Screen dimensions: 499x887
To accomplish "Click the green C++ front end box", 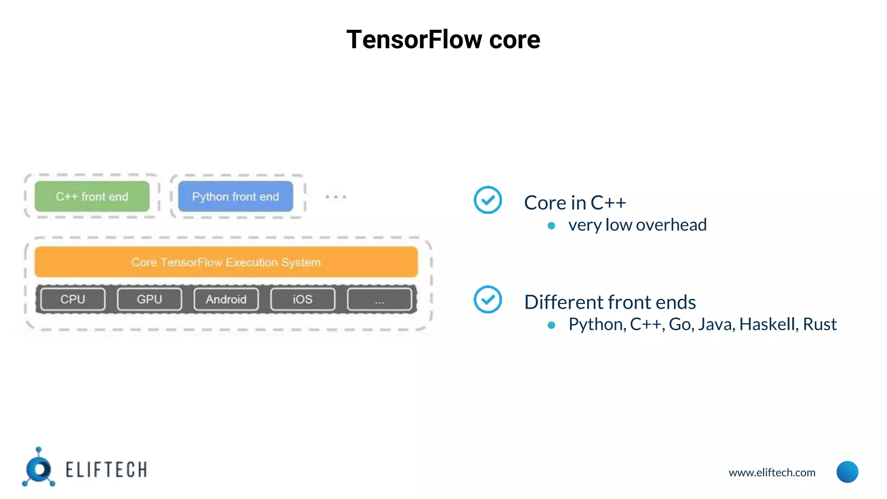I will click(92, 197).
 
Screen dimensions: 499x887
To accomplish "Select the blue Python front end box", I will click(235, 197).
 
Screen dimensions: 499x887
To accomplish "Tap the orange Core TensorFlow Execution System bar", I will click(226, 262).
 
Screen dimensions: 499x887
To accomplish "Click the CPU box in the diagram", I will click(73, 299).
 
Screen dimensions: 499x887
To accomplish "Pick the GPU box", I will click(149, 299).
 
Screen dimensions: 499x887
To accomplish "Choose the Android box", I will click(226, 299).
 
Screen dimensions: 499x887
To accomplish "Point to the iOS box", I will click(302, 299).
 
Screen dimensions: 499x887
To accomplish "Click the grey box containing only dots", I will click(379, 299).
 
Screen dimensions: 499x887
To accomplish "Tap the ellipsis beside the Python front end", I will click(336, 197).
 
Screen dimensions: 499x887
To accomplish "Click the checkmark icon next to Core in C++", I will click(488, 200).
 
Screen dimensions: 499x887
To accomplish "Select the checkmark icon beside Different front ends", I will click(488, 299).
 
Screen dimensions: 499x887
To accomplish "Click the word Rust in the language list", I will click(819, 324).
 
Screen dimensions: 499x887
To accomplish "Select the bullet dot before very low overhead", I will click(551, 226).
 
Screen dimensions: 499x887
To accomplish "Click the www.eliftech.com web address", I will click(772, 473).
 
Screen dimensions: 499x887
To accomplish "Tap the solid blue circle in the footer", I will click(847, 472).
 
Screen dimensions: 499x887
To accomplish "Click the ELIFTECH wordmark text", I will click(106, 470).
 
